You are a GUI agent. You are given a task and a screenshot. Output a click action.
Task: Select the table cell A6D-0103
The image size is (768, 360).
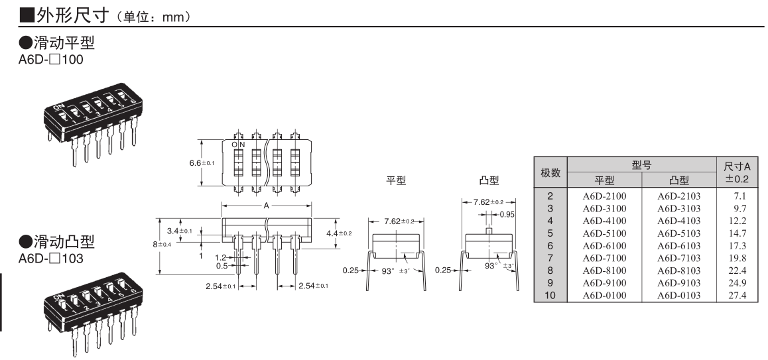[678, 296]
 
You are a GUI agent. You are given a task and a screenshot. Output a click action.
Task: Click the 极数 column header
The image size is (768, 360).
[550, 173]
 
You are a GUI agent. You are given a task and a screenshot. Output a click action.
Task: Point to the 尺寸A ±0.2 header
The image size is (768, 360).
[737, 173]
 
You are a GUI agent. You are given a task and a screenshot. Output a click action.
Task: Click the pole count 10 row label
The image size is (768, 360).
[550, 296]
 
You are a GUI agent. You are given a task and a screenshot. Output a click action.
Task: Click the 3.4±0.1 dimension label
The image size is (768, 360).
[179, 231]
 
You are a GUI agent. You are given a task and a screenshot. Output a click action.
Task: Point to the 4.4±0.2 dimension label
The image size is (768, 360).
[340, 233]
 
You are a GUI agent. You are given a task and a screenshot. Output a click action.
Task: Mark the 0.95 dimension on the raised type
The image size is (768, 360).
[507, 214]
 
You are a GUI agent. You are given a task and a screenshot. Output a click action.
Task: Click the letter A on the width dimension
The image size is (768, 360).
[266, 206]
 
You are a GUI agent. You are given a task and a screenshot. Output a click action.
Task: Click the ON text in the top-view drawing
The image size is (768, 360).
[238, 145]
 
